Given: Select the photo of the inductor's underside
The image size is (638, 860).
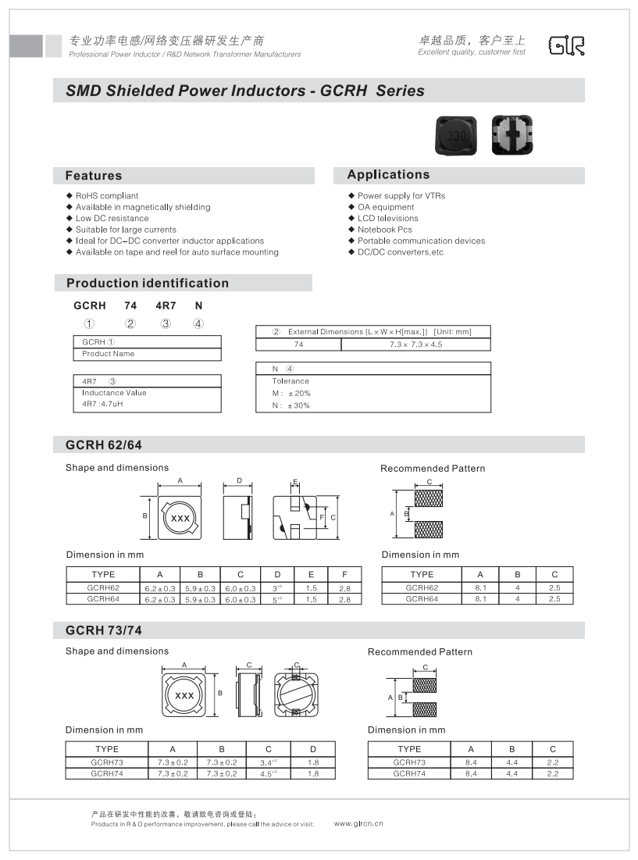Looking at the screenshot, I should pyautogui.click(x=511, y=134).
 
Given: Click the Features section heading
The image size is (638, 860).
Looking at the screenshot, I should pyautogui.click(x=94, y=176).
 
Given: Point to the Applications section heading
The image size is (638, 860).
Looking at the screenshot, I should pyautogui.click(x=388, y=175).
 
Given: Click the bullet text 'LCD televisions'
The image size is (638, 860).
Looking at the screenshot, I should pyautogui.click(x=387, y=219).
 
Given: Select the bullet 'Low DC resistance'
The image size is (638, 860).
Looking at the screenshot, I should pyautogui.click(x=112, y=219).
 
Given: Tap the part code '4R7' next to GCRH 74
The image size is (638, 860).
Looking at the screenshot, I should pyautogui.click(x=166, y=306).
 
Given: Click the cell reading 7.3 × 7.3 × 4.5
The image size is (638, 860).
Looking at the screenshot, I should pyautogui.click(x=415, y=344).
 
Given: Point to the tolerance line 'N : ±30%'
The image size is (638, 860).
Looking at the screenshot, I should pyautogui.click(x=290, y=405).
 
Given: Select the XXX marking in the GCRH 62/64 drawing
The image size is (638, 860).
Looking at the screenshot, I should pyautogui.click(x=180, y=519).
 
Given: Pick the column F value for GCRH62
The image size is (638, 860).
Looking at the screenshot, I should pyautogui.click(x=344, y=587).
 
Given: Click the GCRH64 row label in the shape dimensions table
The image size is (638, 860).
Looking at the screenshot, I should pyautogui.click(x=103, y=599).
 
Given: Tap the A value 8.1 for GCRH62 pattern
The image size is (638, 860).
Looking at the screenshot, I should pyautogui.click(x=480, y=587).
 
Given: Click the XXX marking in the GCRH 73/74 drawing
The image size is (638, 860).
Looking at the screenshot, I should pyautogui.click(x=184, y=695).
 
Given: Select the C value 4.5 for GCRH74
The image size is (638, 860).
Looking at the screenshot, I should pyautogui.click(x=267, y=773).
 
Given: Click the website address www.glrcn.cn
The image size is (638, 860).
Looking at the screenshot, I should pyautogui.click(x=358, y=823).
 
